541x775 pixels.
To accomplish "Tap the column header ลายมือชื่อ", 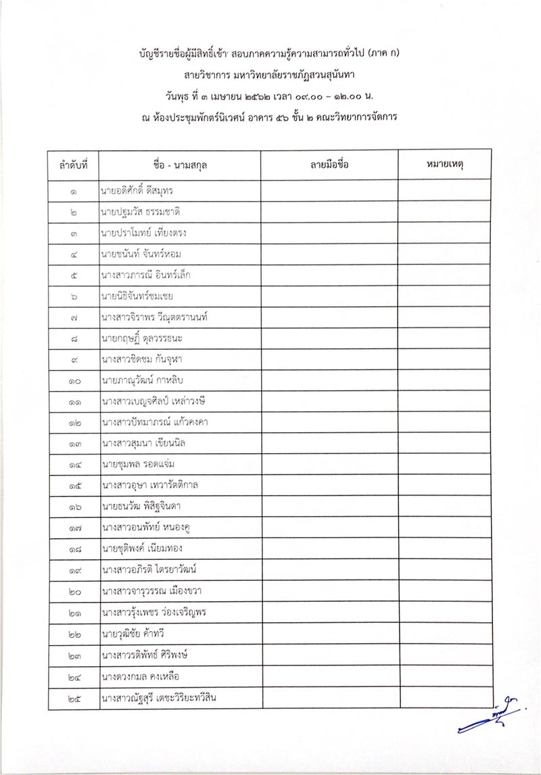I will point(329,165).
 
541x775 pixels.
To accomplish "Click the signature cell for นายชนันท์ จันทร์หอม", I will point(329,254).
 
